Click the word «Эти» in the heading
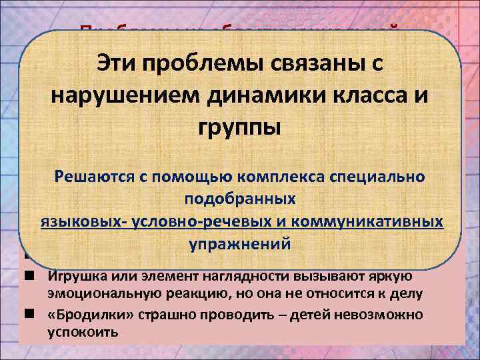(119, 63)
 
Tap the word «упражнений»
(239, 243)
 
